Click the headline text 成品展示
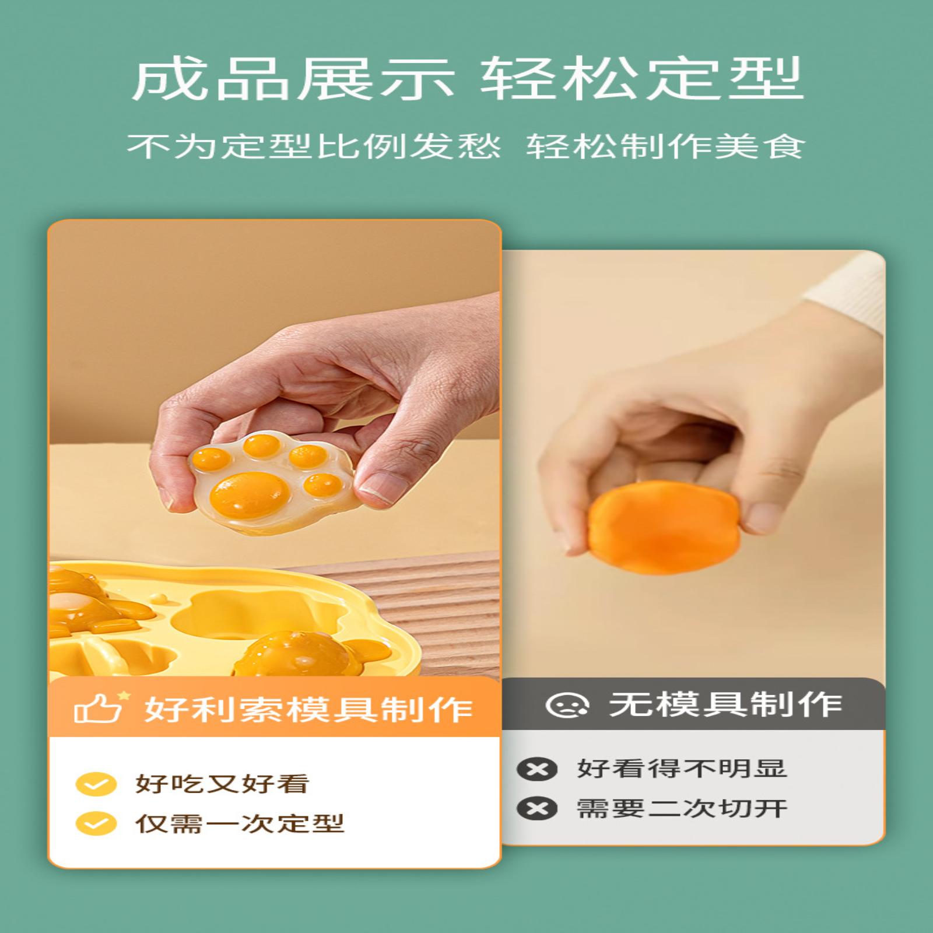(x=293, y=78)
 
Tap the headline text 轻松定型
(x=642, y=78)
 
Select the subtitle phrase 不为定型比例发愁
(x=314, y=146)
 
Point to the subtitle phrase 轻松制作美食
(x=665, y=146)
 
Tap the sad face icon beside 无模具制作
(x=567, y=705)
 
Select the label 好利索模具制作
(x=308, y=708)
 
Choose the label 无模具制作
(x=726, y=704)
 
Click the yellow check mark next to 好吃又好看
(x=96, y=784)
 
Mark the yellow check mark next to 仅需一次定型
(x=96, y=824)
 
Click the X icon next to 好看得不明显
(x=537, y=769)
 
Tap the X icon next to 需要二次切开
(x=537, y=809)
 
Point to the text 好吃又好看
(x=222, y=784)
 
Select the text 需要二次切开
(x=682, y=809)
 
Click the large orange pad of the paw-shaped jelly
(x=250, y=493)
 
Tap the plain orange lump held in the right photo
(x=664, y=527)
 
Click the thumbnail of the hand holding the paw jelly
(x=274, y=449)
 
